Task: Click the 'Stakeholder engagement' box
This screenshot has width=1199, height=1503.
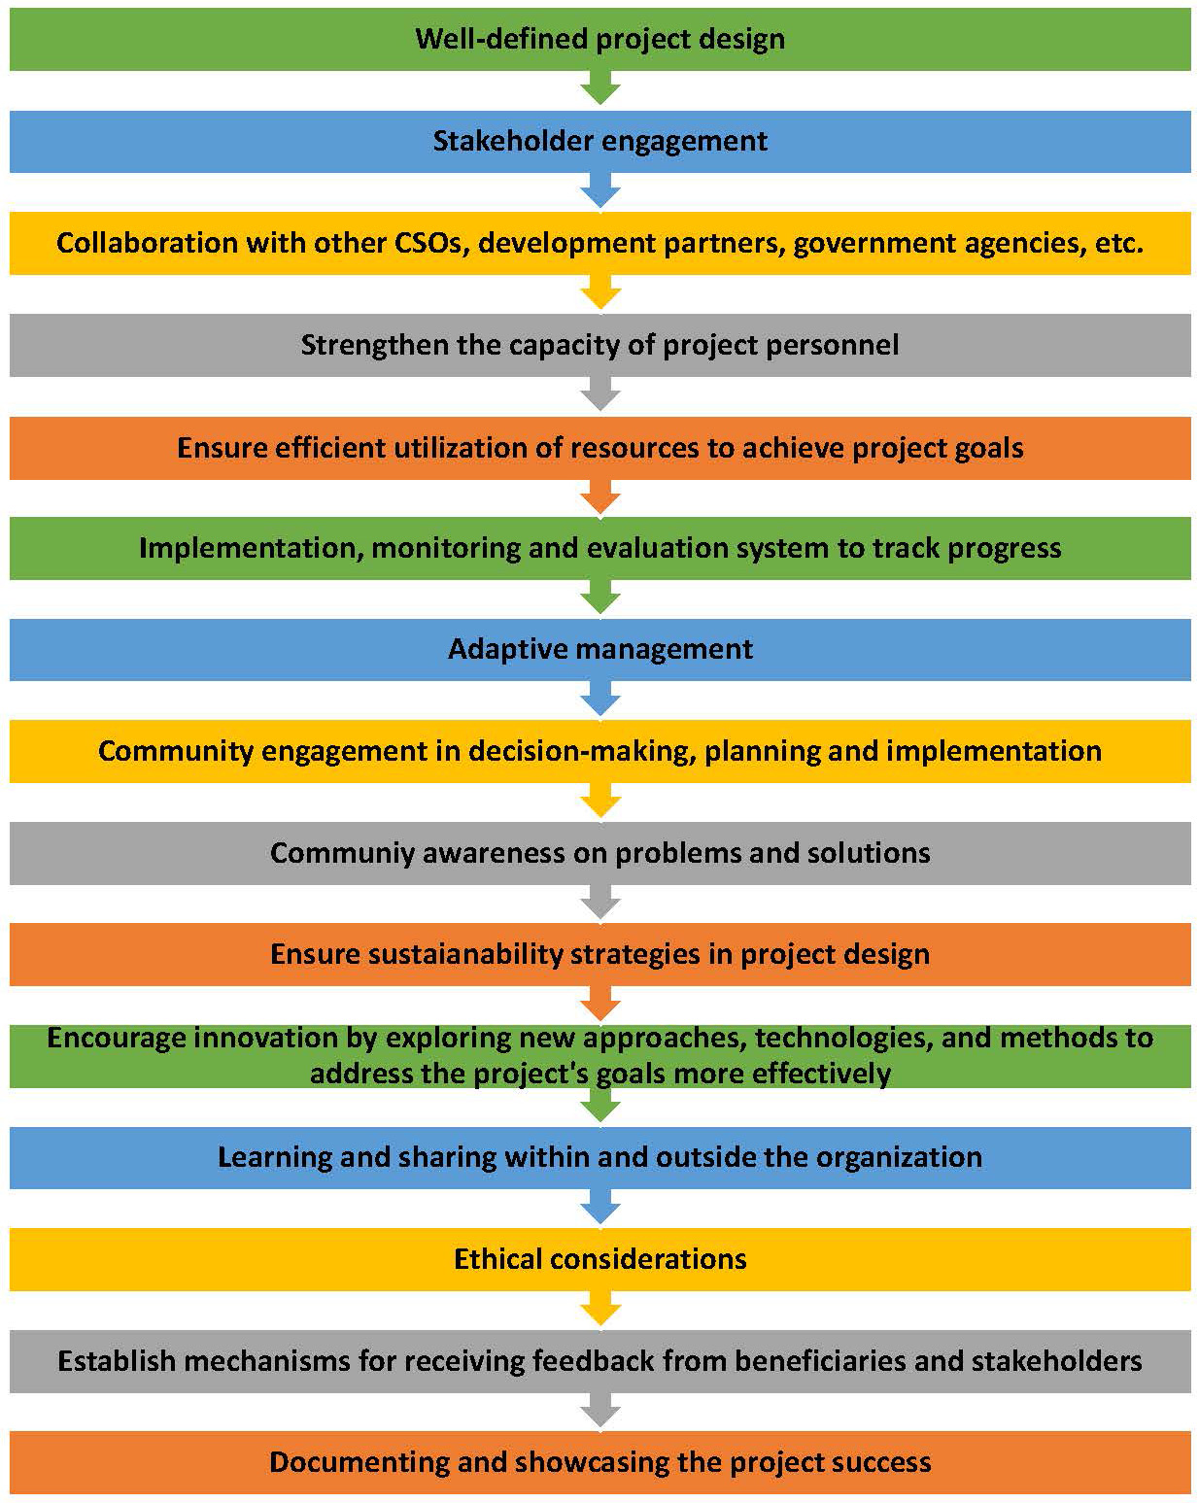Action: (599, 141)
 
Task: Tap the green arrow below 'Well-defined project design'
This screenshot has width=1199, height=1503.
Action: (599, 88)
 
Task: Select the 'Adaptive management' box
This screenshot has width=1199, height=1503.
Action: (599, 649)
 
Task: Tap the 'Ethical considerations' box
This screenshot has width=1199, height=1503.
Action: (599, 1259)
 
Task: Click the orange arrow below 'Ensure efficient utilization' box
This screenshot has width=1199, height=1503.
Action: (599, 497)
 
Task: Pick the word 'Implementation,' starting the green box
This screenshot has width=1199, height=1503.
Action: (252, 548)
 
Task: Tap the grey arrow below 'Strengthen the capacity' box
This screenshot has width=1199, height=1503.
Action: (599, 395)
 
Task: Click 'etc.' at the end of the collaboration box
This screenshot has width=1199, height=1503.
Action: (1118, 243)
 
